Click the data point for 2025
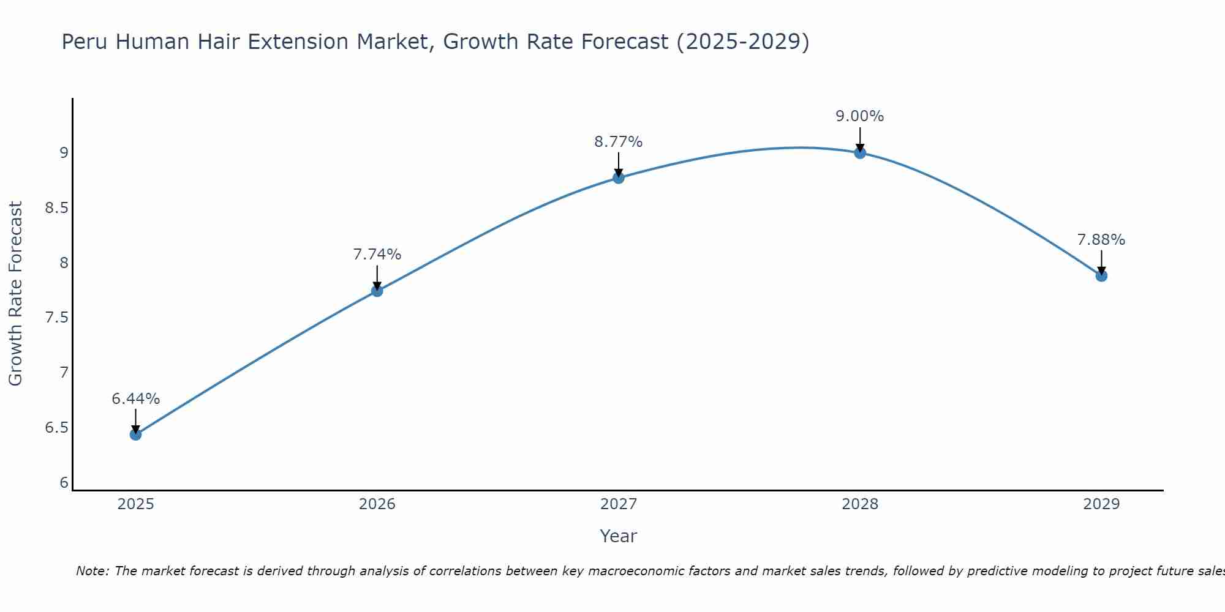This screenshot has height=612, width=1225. pos(135,435)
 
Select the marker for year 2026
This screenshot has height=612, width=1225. pos(377,291)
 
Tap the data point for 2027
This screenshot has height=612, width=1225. pos(619,178)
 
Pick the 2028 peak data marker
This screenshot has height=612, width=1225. pos(860,153)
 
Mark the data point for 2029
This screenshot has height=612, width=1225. pos(1101,276)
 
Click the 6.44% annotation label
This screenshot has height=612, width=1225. pos(135,399)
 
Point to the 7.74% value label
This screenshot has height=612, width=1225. pos(377,255)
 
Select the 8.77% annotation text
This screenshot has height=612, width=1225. pos(619,142)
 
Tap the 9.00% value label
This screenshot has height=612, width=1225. pos(860,116)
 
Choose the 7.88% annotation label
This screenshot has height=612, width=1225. pos(1101,240)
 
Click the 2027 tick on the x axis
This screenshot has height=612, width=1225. pos(619,504)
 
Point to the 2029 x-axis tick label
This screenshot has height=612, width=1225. pos(1101,504)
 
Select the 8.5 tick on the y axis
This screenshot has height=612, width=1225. pos(56,208)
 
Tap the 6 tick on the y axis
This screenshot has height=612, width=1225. pos(64,483)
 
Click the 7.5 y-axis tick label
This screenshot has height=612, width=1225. pos(56,318)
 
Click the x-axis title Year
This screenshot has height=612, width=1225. pos(619,536)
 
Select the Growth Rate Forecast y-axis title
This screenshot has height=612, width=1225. pos(15,294)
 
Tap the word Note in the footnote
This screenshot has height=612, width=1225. pos(91,571)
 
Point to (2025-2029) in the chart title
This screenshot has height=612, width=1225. pos(743,42)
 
